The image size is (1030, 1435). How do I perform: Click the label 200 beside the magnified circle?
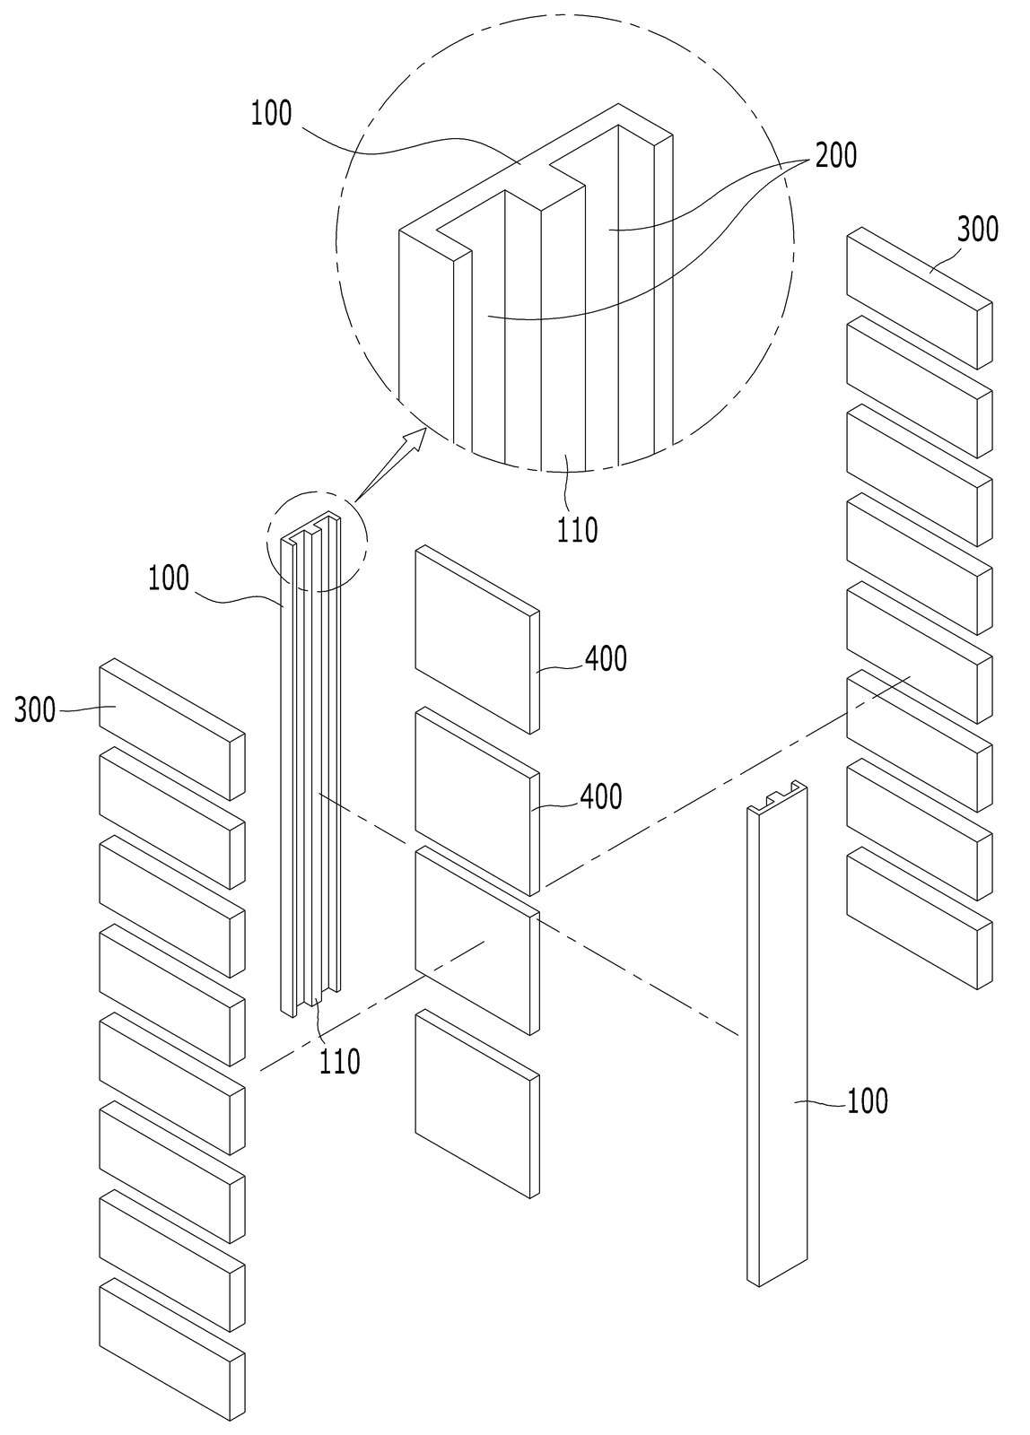tap(835, 156)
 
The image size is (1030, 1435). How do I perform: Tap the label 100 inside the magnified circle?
tap(271, 113)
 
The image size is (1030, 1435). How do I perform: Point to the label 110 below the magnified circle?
tap(577, 530)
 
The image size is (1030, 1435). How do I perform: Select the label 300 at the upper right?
tap(977, 230)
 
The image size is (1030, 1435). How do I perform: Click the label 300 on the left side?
tap(35, 711)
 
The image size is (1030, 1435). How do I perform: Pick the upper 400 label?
tap(606, 658)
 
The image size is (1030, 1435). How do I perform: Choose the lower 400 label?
tap(601, 797)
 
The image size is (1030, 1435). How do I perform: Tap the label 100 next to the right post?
tap(868, 1101)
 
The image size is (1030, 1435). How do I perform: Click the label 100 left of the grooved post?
tap(169, 578)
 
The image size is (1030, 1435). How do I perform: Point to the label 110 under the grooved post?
tap(340, 1062)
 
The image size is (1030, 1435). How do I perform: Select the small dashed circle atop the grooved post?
tap(319, 541)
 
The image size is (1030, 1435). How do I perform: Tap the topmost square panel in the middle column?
tap(476, 639)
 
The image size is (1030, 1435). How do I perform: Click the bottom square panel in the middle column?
tap(476, 1104)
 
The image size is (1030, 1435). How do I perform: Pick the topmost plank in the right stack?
tap(919, 298)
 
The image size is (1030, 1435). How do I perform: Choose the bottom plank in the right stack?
tap(919, 918)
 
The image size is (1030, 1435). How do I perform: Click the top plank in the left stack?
tap(171, 730)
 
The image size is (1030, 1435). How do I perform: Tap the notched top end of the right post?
tap(777, 797)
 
